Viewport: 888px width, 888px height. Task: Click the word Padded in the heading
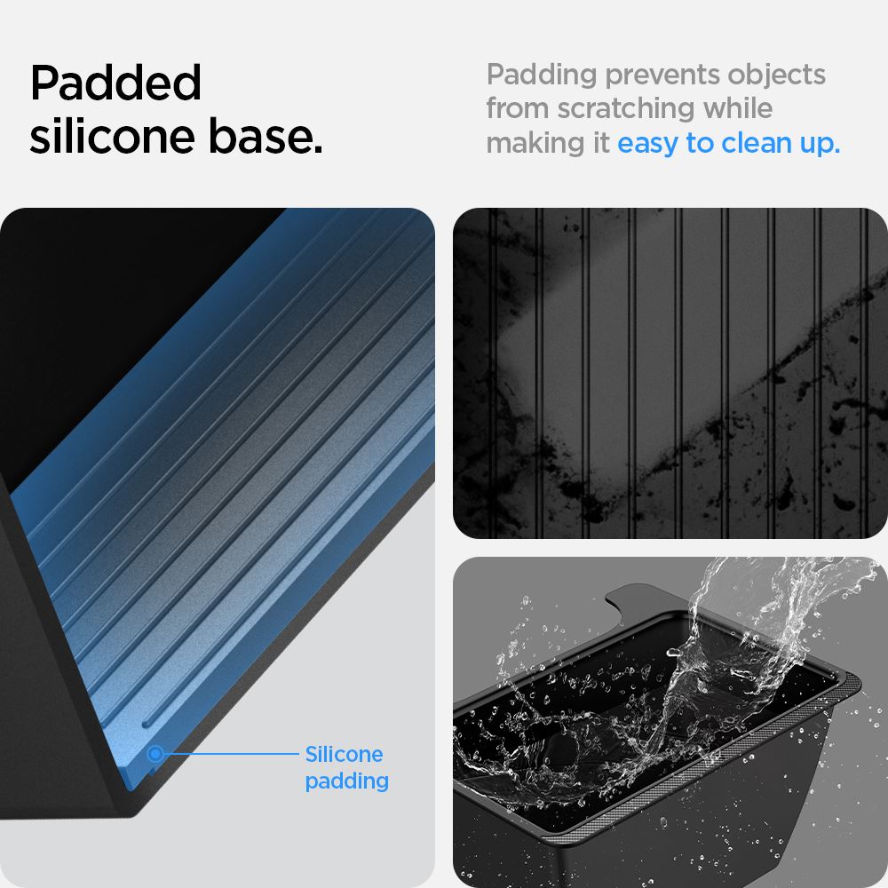tap(116, 83)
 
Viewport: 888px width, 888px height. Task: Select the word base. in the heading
tap(266, 136)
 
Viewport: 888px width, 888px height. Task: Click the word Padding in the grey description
tap(542, 75)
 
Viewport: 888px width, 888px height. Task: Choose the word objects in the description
tap(776, 75)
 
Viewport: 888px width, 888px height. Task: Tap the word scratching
tap(625, 109)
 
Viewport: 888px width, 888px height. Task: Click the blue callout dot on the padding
tap(155, 754)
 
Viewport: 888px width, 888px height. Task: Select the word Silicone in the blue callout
tap(344, 754)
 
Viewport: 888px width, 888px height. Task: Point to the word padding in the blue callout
tap(346, 782)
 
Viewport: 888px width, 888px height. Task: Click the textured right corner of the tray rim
tap(845, 686)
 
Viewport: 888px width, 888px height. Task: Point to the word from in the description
tap(517, 108)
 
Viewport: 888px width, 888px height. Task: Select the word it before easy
tap(601, 143)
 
